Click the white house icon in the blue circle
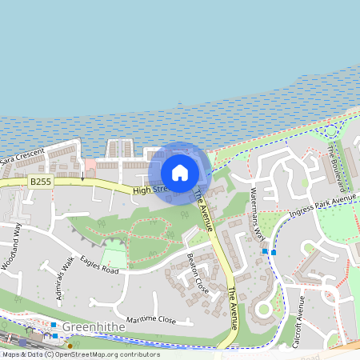[x=180, y=172]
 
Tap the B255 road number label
[x=40, y=182]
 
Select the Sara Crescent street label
[x=22, y=156]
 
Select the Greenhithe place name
[x=89, y=328]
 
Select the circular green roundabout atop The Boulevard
[x=329, y=131]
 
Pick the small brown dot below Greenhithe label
[x=70, y=346]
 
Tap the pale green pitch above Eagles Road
[x=114, y=258]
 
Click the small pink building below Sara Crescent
[x=90, y=166]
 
